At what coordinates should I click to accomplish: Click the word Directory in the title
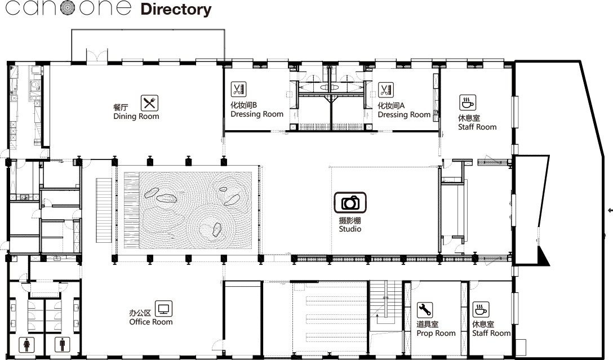coord(176,10)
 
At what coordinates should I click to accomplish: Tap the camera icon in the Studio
coord(350,202)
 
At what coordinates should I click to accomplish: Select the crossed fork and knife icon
coord(149,103)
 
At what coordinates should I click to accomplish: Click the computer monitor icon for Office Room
coord(163,309)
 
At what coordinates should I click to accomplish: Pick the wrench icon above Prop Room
coord(425,310)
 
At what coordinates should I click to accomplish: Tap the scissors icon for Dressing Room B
coord(238,90)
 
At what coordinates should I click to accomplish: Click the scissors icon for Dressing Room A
coord(385,90)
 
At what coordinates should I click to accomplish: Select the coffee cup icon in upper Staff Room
coord(468,103)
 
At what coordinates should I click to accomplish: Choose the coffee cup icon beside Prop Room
coord(481,309)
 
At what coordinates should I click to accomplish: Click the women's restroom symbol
coord(27,344)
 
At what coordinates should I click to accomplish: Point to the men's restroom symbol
coord(62,344)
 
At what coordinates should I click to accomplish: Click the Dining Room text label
coord(136,116)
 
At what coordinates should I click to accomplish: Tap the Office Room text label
coord(151,322)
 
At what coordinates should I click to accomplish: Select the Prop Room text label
coord(436,333)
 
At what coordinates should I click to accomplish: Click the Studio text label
coord(350,229)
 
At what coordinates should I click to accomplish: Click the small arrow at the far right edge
coord(610,211)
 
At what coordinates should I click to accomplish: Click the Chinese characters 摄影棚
coord(350,220)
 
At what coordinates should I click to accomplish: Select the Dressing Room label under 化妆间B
coord(257,114)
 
